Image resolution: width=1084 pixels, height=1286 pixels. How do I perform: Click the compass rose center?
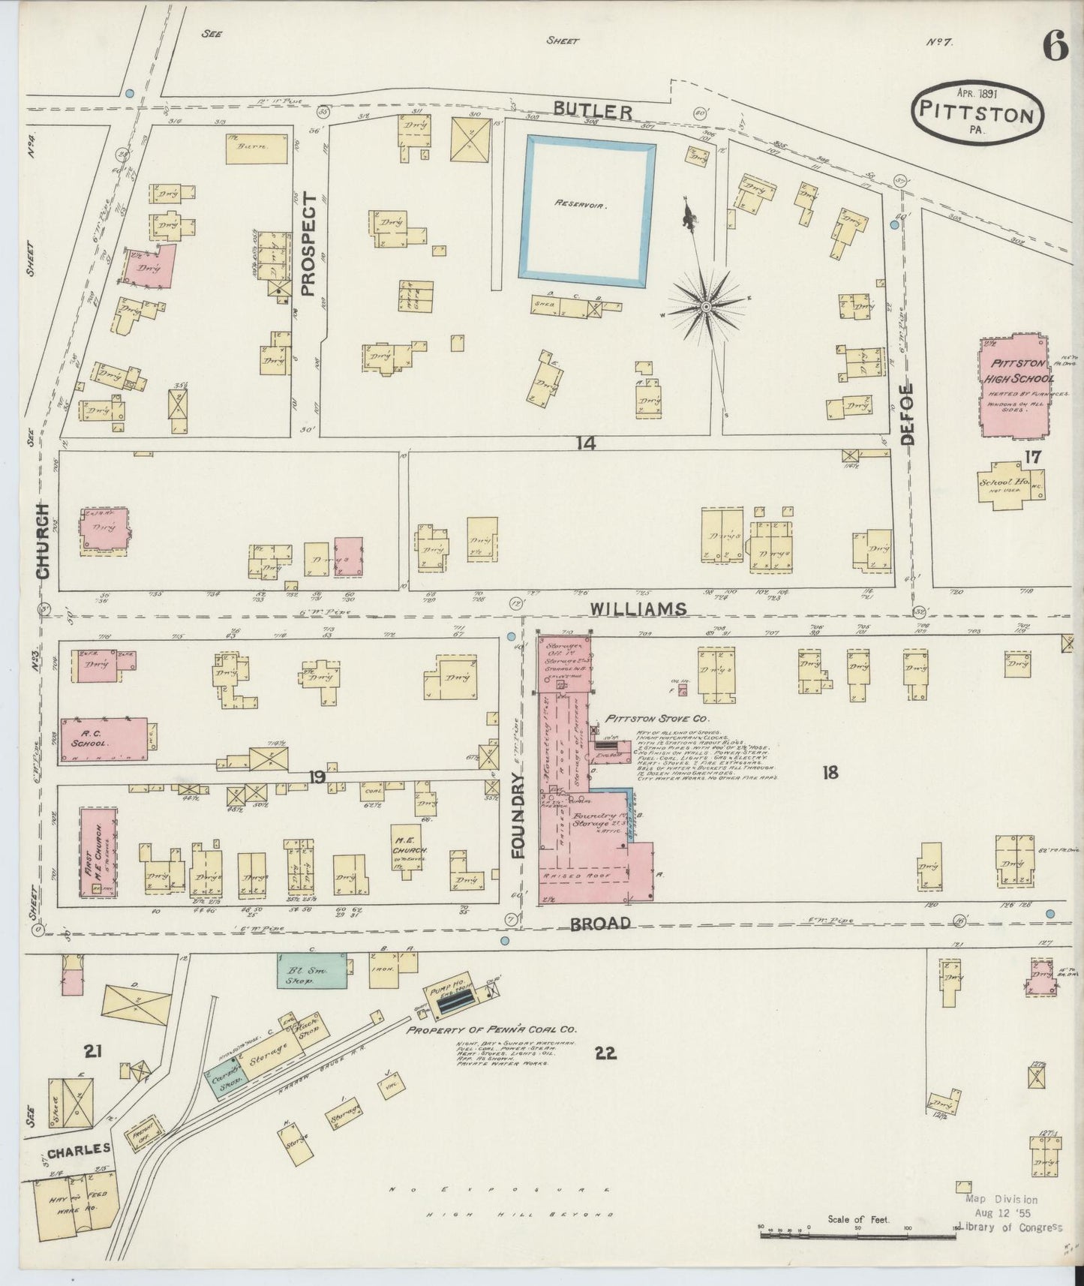706,307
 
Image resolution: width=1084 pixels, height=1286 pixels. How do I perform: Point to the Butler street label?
592,111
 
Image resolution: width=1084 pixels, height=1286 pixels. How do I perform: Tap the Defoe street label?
908,413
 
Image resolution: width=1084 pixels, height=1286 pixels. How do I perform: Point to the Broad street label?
600,924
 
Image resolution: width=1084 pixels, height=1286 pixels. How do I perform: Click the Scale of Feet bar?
859,1234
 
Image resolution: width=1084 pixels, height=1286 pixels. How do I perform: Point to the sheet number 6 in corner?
1053,49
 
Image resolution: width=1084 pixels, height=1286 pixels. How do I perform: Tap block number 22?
605,1053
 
